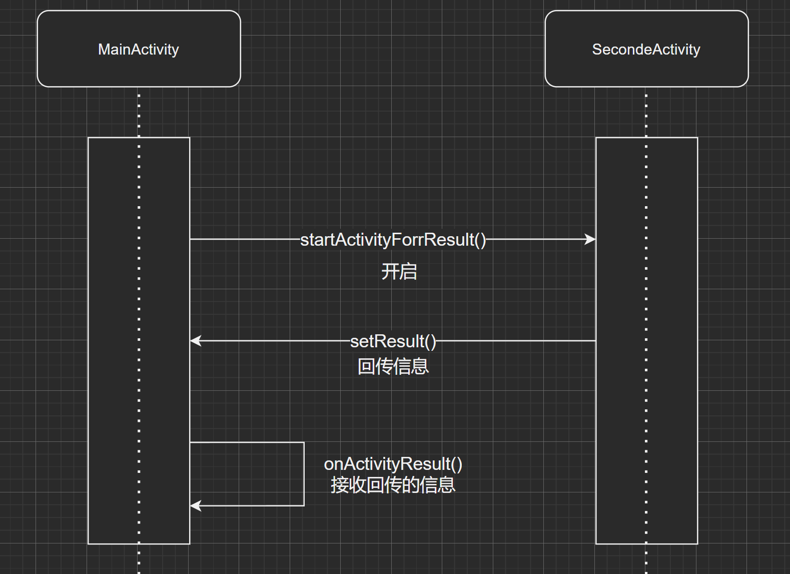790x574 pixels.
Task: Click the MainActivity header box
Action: coord(139,49)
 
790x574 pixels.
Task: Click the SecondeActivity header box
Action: coord(646,49)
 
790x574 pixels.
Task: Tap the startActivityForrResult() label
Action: coord(393,240)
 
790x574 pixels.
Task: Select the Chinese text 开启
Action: coord(399,271)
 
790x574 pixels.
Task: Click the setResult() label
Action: coord(393,341)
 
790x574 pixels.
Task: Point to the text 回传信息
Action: coord(393,366)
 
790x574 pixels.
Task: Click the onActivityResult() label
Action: coord(393,464)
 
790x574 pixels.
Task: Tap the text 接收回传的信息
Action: coord(393,485)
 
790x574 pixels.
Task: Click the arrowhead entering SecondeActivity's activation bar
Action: coord(590,239)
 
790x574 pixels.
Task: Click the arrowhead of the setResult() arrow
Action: coord(196,341)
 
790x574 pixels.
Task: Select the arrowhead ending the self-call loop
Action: coord(196,505)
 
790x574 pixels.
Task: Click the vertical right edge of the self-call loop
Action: coord(304,474)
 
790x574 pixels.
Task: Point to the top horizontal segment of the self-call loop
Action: coord(247,442)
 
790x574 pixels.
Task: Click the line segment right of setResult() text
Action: coord(515,341)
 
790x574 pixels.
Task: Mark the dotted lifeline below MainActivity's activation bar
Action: coord(139,559)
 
